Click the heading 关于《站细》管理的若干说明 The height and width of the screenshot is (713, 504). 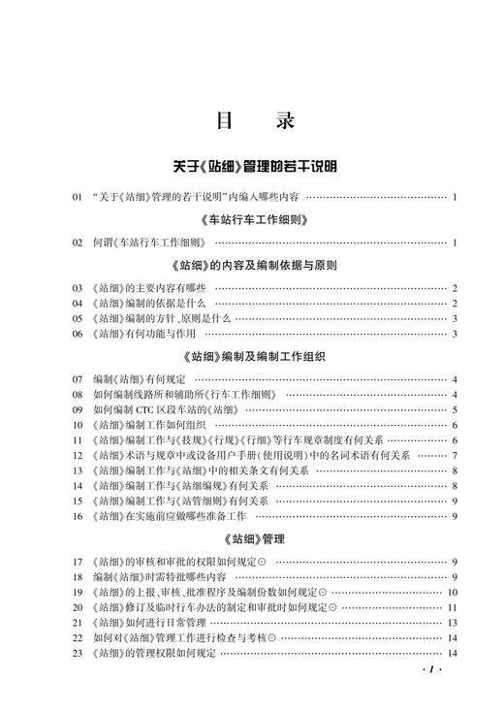point(254,168)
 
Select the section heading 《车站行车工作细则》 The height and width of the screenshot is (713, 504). point(254,220)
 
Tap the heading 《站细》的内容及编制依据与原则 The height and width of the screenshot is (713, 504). point(254,266)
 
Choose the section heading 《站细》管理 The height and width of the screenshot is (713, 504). point(254,537)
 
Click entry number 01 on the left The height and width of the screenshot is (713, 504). point(77,198)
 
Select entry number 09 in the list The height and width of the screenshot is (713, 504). point(77,410)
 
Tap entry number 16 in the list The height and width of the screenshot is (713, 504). point(77,516)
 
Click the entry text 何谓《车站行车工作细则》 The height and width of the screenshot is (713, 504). point(149,243)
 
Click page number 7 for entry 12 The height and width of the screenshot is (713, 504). point(454,456)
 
